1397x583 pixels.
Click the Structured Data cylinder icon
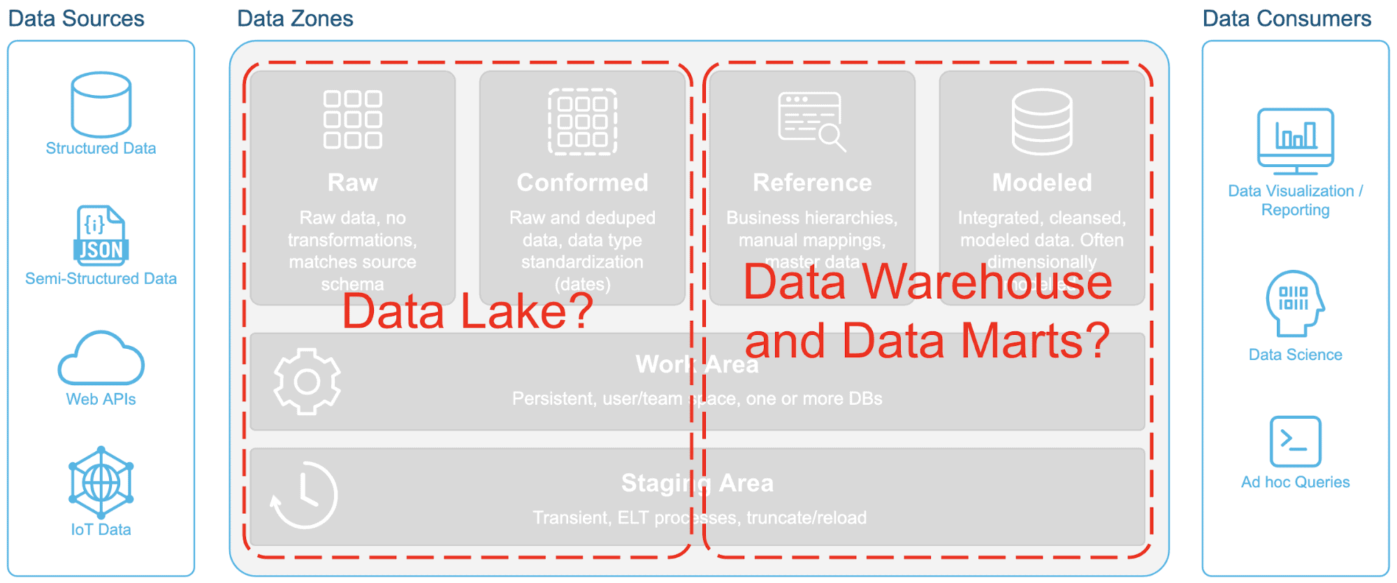[x=101, y=104]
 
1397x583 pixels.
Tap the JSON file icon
[x=101, y=236]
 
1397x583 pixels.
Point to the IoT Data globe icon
[x=101, y=482]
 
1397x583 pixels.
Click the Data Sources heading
[x=76, y=18]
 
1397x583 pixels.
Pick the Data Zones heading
[x=295, y=18]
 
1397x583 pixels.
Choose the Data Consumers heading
[x=1287, y=18]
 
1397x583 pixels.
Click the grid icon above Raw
[x=352, y=120]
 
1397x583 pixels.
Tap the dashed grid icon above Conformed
[x=582, y=122]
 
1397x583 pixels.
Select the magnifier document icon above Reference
[x=811, y=122]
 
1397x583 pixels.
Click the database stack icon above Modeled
[x=1041, y=122]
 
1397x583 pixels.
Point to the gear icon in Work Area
[x=307, y=382]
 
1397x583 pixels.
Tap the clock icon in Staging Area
[x=304, y=495]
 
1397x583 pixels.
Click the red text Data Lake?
[x=467, y=311]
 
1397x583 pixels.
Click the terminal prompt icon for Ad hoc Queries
[x=1295, y=441]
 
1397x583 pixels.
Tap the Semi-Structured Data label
[x=101, y=278]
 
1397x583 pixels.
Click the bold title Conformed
[x=582, y=182]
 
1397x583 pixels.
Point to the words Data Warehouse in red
[x=927, y=282]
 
